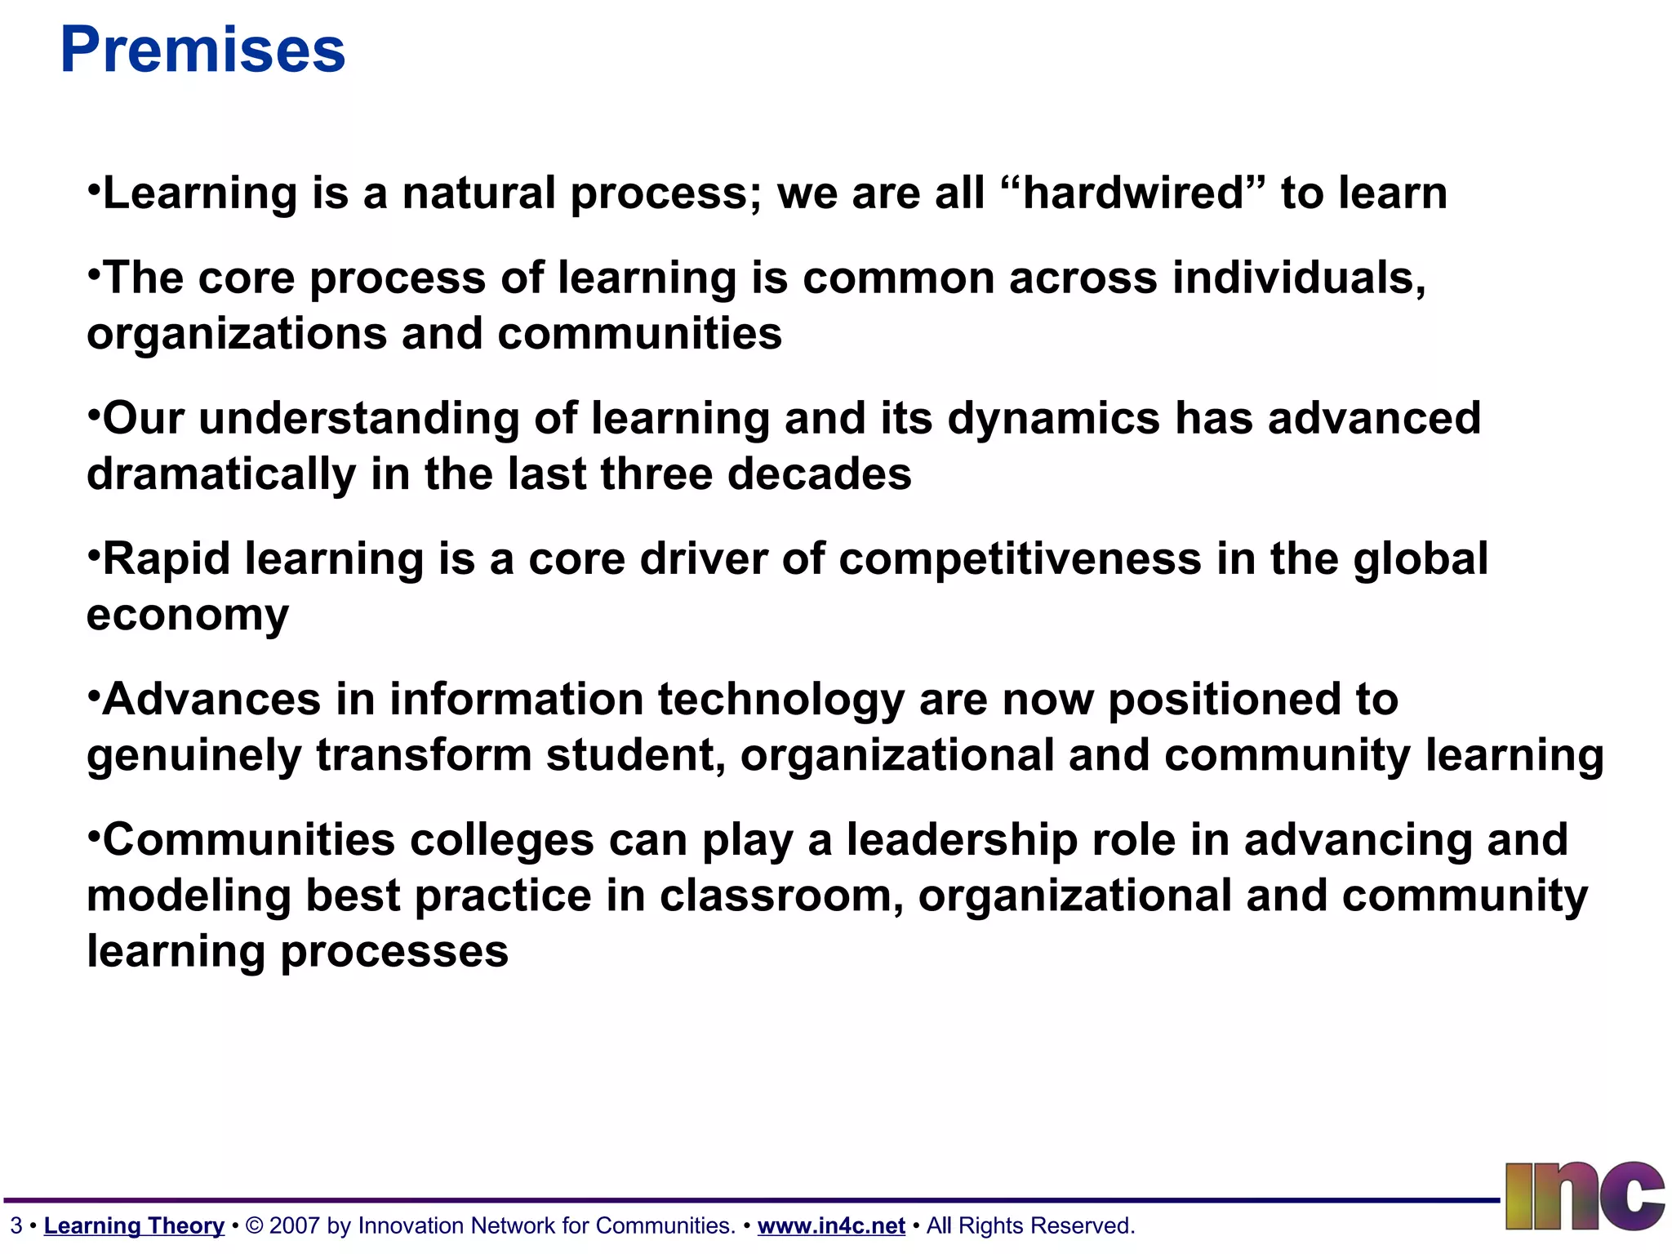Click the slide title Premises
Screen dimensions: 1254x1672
click(202, 51)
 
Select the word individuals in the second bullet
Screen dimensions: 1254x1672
click(1299, 278)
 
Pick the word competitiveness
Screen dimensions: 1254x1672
click(1020, 559)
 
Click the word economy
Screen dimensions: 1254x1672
click(188, 616)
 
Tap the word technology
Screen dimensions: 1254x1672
click(781, 700)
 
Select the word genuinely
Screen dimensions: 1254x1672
click(194, 756)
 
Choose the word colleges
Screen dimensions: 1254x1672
click(501, 840)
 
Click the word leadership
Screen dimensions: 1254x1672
click(962, 840)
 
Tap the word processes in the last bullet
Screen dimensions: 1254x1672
click(394, 952)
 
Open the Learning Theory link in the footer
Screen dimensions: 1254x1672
click(134, 1225)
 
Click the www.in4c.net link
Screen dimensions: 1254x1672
click(831, 1225)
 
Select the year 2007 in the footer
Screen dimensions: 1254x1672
click(294, 1225)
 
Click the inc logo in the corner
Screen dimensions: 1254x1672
click(1584, 1196)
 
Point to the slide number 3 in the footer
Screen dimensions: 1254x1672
click(16, 1225)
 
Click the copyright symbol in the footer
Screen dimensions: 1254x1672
click(254, 1225)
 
